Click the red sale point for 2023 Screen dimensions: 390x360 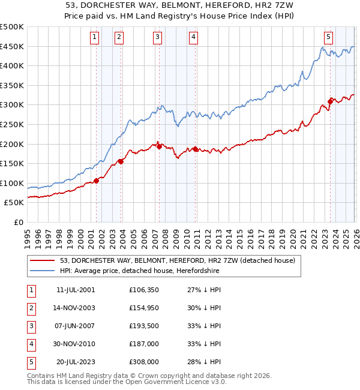(x=330, y=101)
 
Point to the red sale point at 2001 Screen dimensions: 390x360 (x=96, y=181)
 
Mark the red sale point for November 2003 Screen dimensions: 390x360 (x=121, y=161)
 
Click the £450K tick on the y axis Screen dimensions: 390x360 (x=11, y=47)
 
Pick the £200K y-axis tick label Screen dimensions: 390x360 (x=11, y=144)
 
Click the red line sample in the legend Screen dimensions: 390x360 (x=43, y=261)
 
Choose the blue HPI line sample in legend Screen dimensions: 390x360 (x=43, y=271)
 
